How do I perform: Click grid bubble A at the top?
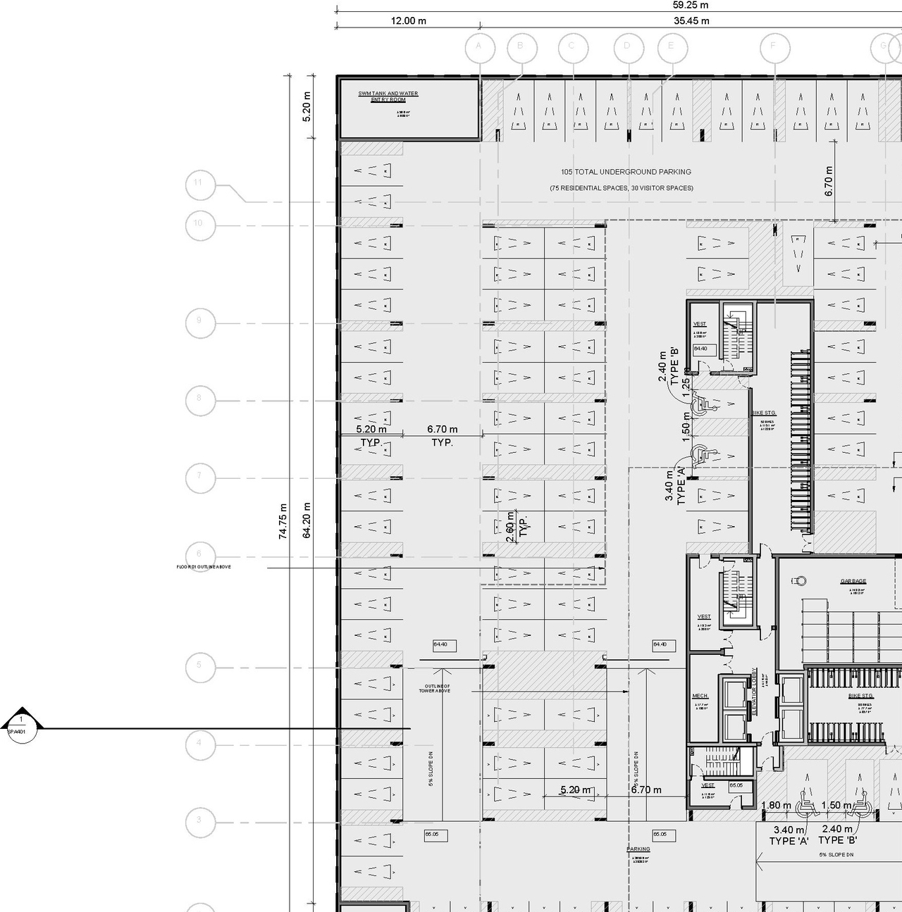click(x=479, y=47)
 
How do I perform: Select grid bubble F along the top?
click(x=774, y=47)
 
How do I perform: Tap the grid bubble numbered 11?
click(x=199, y=184)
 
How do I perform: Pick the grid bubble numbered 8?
click(x=199, y=399)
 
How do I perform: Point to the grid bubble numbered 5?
click(x=199, y=666)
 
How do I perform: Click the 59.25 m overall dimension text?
click(x=691, y=6)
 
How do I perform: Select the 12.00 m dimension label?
click(x=409, y=21)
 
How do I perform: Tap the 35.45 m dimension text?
click(x=691, y=21)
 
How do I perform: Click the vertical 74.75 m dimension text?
click(x=283, y=521)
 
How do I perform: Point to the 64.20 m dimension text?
click(x=307, y=521)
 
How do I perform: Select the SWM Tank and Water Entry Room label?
click(x=388, y=96)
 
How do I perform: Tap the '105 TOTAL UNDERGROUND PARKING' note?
click(x=626, y=172)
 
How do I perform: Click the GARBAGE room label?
click(x=853, y=581)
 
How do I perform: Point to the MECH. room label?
click(x=700, y=696)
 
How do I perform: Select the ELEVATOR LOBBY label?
click(x=754, y=692)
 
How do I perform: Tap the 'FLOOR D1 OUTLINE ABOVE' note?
click(x=204, y=567)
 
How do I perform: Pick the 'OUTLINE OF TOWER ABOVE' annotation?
click(x=435, y=688)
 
